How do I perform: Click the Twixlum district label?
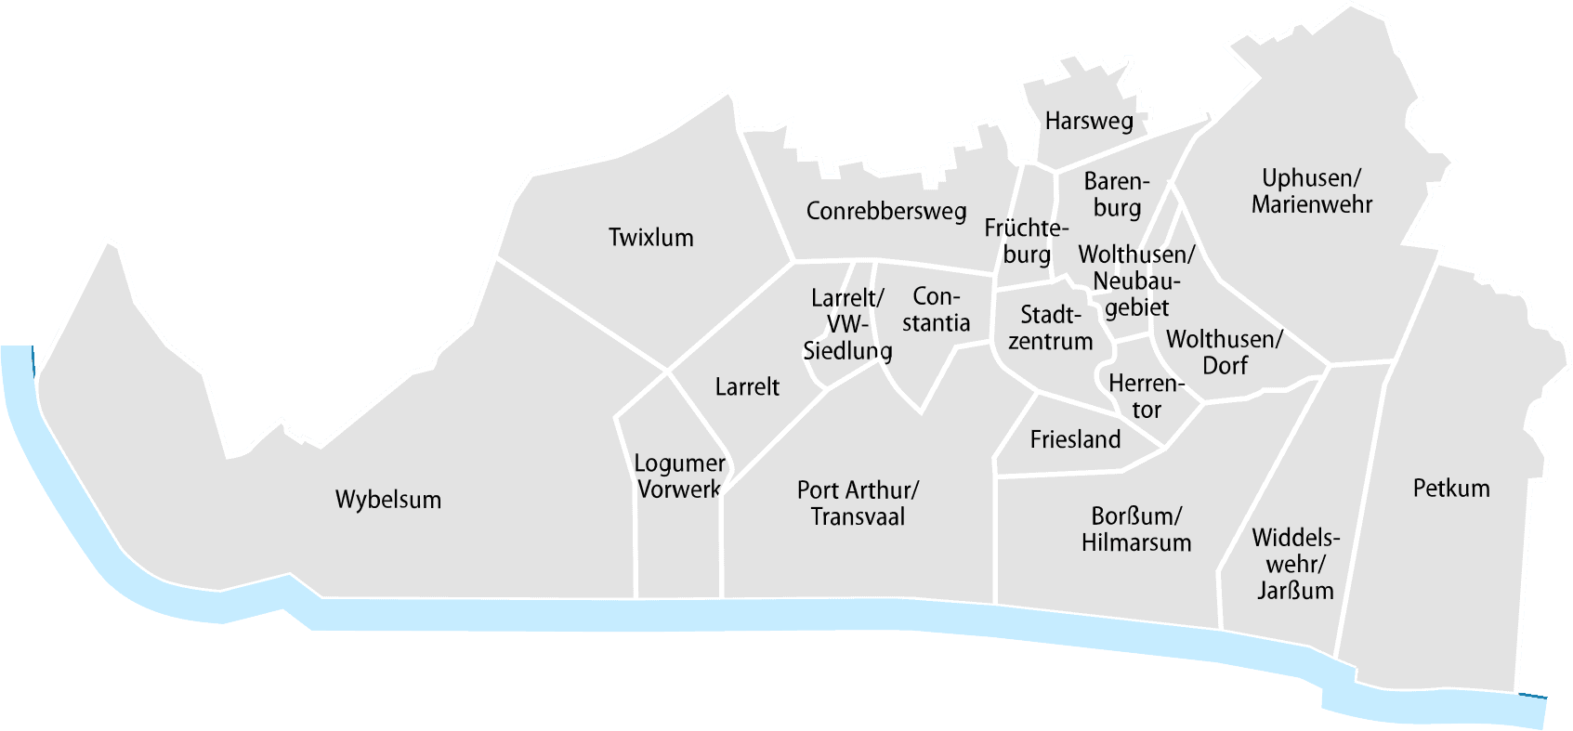point(650,238)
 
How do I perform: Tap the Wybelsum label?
point(387,500)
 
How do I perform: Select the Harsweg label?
point(1088,121)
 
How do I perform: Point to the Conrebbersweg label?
point(885,212)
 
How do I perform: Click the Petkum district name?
point(1450,488)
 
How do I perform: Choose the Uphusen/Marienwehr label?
point(1311,191)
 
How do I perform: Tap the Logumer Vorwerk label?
point(678,475)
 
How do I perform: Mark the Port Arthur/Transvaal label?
point(858,503)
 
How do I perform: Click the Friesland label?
point(1075,439)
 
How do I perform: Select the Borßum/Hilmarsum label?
point(1135,529)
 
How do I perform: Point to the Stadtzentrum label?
point(1050,327)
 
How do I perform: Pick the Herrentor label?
point(1147,396)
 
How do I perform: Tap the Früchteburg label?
point(1027,241)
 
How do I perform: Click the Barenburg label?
point(1117,194)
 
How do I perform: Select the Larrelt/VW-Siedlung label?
point(846,324)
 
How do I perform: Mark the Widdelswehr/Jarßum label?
point(1295,563)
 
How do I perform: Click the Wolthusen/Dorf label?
point(1224,352)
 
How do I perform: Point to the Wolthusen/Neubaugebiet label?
point(1135,280)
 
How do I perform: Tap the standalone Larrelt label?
point(747,387)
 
